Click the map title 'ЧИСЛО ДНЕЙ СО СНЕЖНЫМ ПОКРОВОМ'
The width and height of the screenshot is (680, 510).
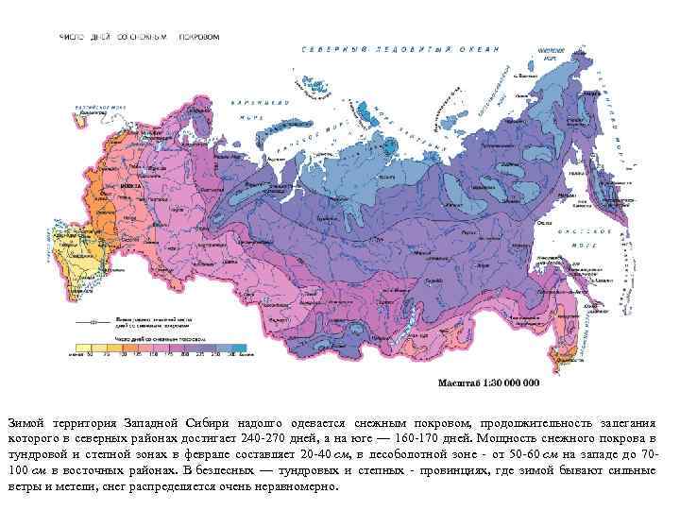[x=140, y=37]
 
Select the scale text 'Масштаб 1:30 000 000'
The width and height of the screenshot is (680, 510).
[x=487, y=383]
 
